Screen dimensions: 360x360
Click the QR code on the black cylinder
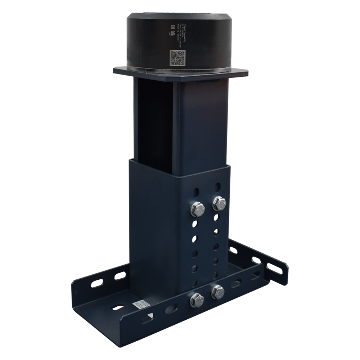177,58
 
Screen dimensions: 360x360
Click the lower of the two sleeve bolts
197,209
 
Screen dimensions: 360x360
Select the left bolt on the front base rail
197,300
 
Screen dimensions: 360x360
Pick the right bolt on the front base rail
217,292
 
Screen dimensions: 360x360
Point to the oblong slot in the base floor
117,308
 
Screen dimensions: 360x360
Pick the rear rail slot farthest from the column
97,283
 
